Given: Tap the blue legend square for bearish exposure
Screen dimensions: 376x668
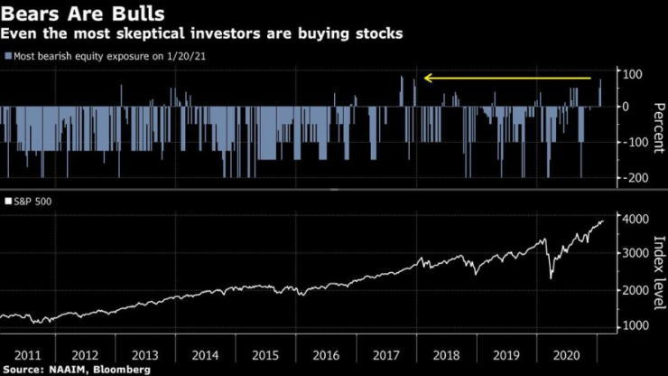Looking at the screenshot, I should tap(8, 56).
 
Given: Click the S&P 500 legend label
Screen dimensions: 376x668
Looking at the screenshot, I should tap(33, 201).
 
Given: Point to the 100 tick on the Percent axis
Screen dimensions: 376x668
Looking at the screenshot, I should tap(632, 72).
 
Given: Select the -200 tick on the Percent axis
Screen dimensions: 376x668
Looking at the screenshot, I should tap(630, 177).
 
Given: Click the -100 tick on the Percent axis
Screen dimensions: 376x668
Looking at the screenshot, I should tap(630, 142).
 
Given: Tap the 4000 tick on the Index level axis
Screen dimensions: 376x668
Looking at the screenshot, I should tap(634, 218).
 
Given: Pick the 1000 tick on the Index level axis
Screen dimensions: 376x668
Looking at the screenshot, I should tap(634, 325).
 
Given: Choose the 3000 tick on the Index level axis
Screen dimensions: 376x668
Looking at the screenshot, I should tap(634, 254).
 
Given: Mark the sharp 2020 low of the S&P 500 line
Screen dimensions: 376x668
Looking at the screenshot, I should tap(551, 277).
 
